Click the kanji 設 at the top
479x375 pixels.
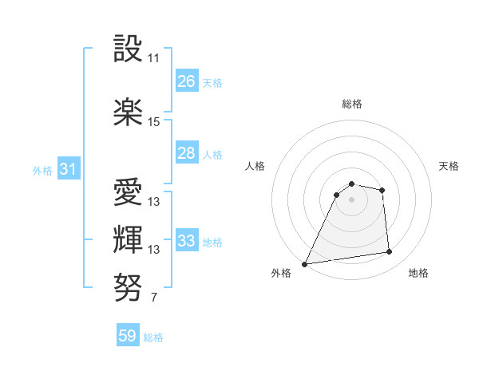129,49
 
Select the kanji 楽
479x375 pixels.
129,112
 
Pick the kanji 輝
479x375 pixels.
129,239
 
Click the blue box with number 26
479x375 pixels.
187,81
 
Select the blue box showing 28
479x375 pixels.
187,153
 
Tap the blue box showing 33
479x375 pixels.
187,241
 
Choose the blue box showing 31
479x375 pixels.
68,169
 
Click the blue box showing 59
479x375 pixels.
128,336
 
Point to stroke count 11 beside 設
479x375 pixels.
154,58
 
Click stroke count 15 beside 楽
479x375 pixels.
154,122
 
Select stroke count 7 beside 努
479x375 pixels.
153,298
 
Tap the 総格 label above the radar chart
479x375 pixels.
352,104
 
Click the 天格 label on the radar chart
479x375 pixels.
449,166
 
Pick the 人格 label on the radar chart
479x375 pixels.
255,166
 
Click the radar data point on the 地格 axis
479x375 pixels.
390,252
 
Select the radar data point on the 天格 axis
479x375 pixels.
382,190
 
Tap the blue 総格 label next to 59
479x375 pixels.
153,337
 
